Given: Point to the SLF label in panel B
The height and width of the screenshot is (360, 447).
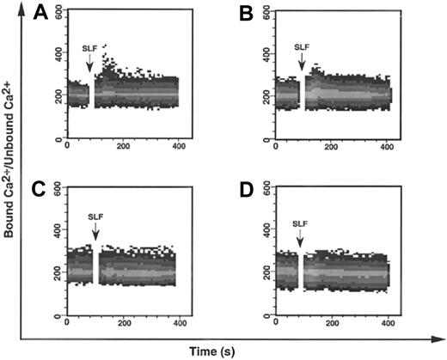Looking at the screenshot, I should click(x=301, y=47).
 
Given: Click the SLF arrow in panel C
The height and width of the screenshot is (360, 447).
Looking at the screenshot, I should click(x=95, y=231).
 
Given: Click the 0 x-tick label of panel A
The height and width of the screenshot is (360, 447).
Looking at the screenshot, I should click(x=67, y=146).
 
